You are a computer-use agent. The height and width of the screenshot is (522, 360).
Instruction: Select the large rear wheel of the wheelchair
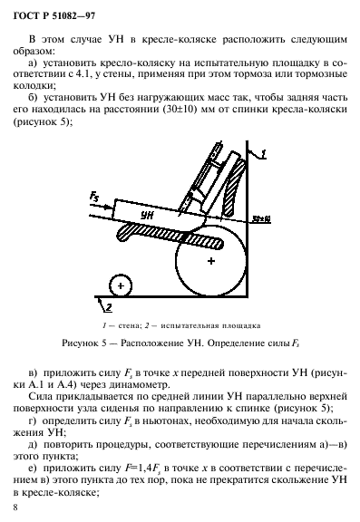(x=210, y=261)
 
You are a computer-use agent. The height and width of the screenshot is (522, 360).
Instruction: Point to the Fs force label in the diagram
(x=96, y=195)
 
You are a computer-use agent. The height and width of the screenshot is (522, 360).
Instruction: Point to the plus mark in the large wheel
(x=210, y=261)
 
